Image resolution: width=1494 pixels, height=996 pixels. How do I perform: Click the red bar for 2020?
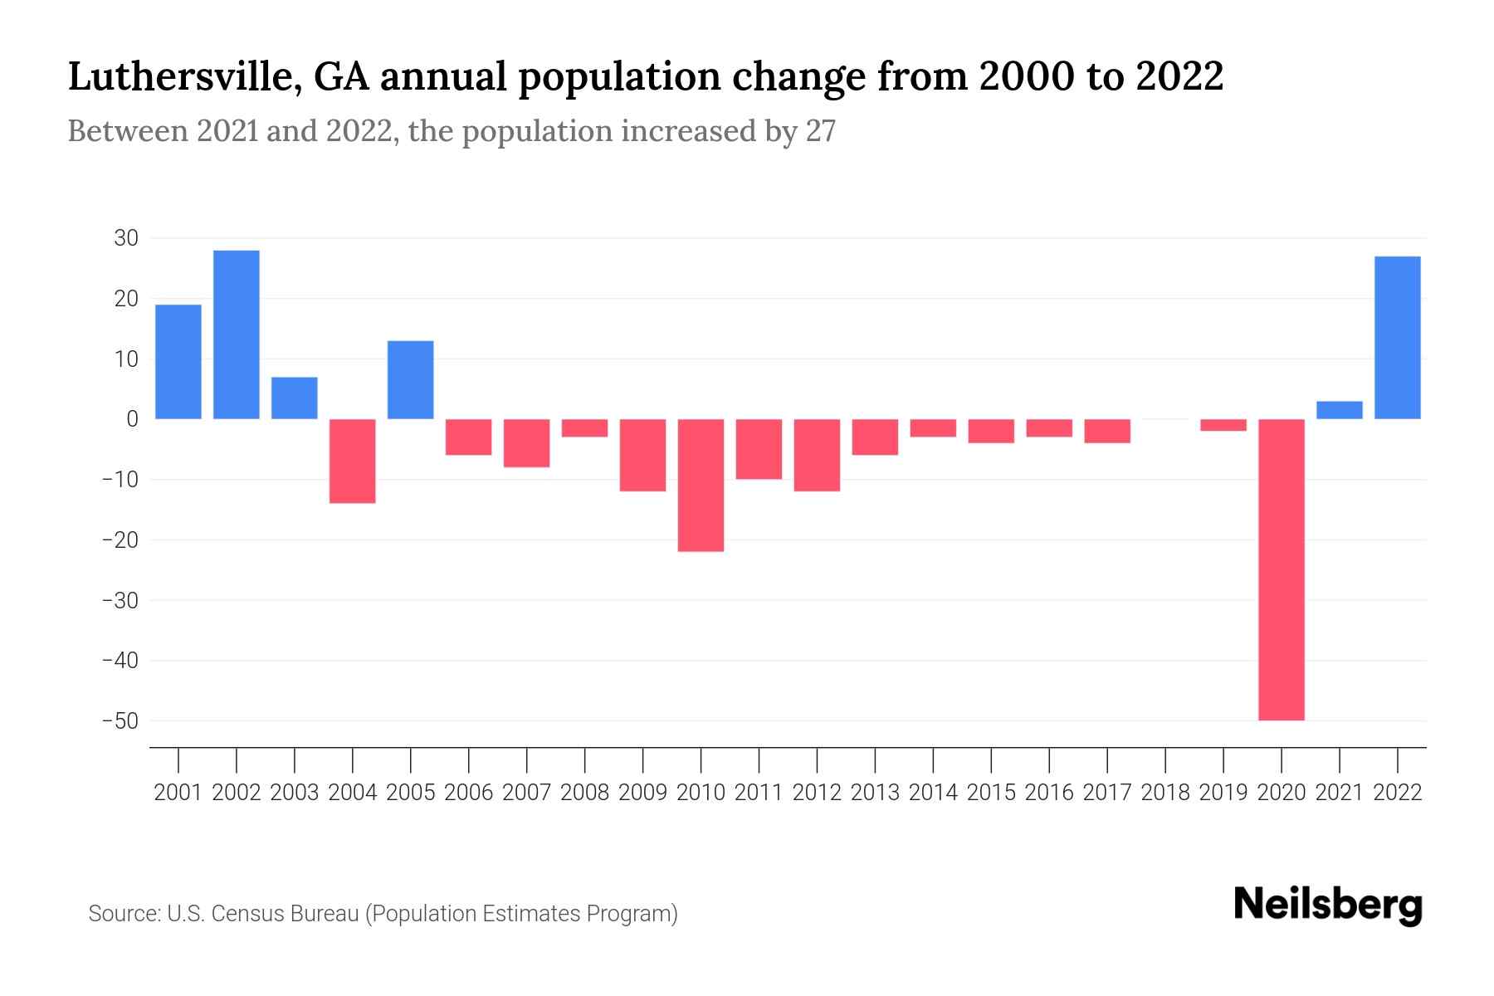pos(1282,569)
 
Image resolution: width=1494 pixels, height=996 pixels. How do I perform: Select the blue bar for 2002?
pos(237,334)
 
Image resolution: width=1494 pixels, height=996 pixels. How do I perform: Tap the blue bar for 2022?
pos(1398,338)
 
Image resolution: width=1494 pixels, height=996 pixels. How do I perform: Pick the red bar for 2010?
pos(701,486)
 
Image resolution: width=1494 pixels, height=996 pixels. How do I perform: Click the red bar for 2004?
pos(353,461)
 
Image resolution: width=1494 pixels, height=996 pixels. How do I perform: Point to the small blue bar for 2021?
pos(1340,410)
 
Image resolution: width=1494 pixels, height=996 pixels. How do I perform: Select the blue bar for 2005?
pos(411,380)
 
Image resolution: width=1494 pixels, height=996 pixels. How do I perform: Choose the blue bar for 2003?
pos(295,398)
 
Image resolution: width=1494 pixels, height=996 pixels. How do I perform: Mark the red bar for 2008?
pos(584,428)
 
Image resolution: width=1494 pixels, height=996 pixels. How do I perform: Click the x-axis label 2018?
pos(1165,793)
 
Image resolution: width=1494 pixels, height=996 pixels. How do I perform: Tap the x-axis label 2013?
pos(875,793)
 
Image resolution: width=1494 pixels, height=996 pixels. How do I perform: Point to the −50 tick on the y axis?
pos(120,720)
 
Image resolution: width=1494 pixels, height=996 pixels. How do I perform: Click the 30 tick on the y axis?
pos(126,238)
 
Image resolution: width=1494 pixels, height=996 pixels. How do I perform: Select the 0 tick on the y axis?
pos(132,419)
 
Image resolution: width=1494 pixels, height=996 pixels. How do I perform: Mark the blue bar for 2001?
pos(178,362)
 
